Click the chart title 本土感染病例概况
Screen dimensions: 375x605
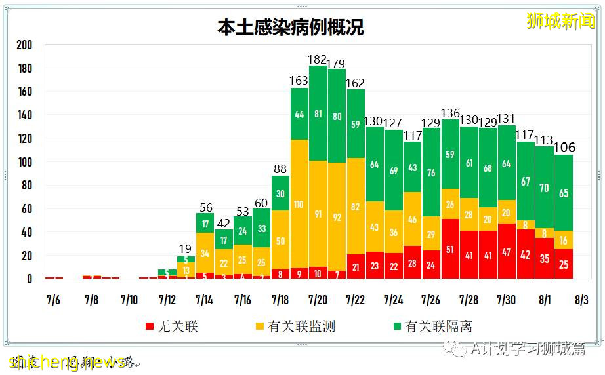pos(291,27)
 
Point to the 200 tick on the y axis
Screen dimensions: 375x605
pos(24,45)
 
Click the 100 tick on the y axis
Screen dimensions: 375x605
pos(24,162)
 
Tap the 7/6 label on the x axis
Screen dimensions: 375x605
pos(53,300)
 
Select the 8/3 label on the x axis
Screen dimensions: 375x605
pos(581,300)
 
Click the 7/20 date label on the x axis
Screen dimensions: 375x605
pos(318,300)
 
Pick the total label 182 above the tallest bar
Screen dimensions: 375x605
pos(318,60)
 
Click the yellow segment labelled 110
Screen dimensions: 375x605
pos(299,204)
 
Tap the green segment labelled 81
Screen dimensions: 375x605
pos(318,113)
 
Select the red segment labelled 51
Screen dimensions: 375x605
pos(450,249)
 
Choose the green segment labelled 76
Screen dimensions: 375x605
pos(431,173)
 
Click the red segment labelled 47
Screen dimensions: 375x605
pos(507,252)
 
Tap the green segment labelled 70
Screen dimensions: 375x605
pos(544,187)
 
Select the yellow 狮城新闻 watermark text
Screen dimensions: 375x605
pos(560,21)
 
